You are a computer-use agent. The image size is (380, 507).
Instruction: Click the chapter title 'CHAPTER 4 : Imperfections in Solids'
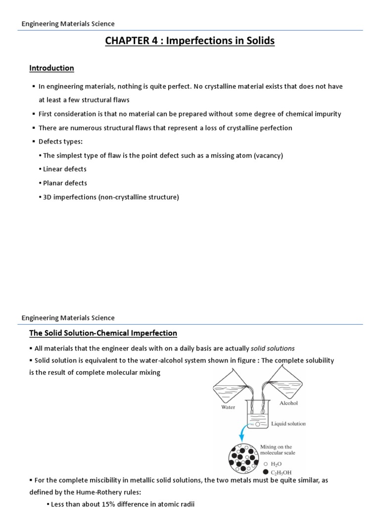[x=190, y=41]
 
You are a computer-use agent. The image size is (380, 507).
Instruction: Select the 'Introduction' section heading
[x=51, y=68]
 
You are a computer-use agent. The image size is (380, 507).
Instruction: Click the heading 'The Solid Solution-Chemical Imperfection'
[x=103, y=333]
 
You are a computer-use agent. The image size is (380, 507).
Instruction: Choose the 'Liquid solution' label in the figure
[x=288, y=424]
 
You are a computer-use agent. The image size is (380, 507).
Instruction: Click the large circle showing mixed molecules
[x=242, y=458]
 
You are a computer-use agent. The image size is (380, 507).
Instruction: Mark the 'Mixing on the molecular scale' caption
[x=278, y=450]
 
